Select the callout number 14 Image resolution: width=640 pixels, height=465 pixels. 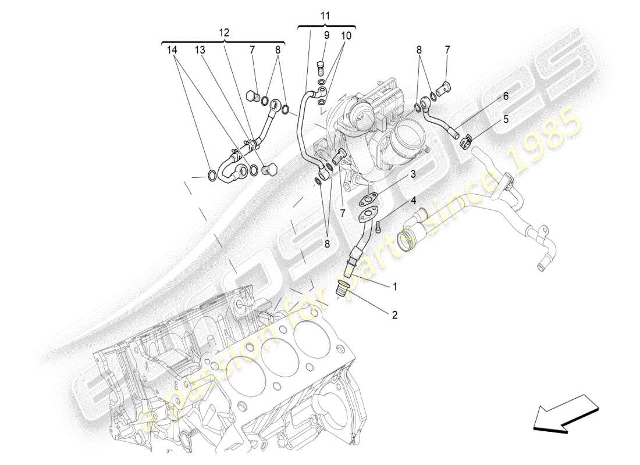click(x=171, y=51)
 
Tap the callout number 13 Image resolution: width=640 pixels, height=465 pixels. click(x=200, y=51)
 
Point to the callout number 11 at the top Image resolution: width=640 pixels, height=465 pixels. click(x=325, y=16)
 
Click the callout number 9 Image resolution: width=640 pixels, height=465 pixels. click(x=327, y=35)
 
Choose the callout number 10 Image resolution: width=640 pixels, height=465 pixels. click(x=346, y=35)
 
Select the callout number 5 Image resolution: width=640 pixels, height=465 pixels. click(x=506, y=119)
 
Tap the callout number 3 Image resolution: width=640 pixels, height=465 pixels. click(x=413, y=174)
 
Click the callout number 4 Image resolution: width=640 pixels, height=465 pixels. click(x=413, y=201)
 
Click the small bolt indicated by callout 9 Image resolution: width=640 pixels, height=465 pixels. click(x=319, y=68)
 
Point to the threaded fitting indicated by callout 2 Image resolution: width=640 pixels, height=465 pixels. click(x=343, y=287)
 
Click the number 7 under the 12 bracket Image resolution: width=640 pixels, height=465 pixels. click(x=253, y=51)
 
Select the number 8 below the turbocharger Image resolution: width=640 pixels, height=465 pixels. click(x=327, y=244)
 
